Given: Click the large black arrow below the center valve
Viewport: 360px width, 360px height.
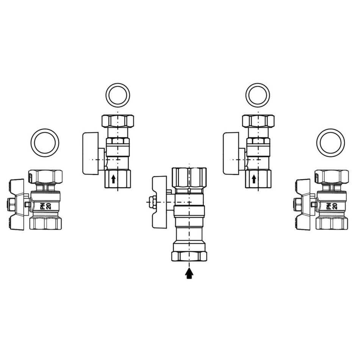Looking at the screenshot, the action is pyautogui.click(x=189, y=274).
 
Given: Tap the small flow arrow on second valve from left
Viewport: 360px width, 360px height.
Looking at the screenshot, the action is pyautogui.click(x=113, y=179).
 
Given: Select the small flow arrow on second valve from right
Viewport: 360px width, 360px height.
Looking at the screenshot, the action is pyautogui.click(x=254, y=179).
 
